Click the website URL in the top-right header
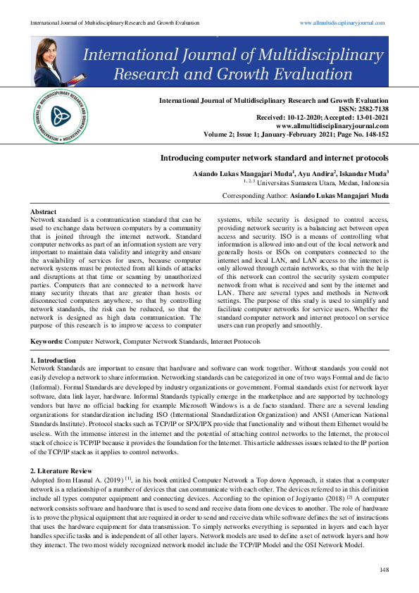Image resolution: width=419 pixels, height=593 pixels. coord(342,23)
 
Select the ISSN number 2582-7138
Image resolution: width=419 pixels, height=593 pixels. coord(372,108)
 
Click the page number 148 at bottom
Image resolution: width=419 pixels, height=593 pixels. coord(384,569)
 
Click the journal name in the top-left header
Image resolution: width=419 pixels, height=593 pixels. coord(105,23)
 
